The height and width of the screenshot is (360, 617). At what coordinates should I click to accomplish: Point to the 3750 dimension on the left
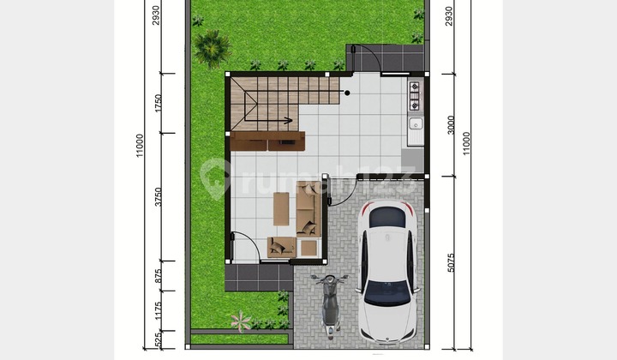[x=158, y=199]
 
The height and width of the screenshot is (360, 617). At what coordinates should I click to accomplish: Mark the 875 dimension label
[x=158, y=276]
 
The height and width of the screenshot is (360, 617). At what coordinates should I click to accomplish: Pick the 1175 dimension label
[x=158, y=309]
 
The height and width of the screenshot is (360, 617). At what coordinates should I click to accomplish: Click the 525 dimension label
[x=158, y=340]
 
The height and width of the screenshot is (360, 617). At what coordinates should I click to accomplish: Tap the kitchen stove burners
[x=415, y=96]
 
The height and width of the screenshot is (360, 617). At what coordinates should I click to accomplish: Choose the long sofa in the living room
[x=308, y=210]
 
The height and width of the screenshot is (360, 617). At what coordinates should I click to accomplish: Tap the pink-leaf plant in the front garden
[x=241, y=321]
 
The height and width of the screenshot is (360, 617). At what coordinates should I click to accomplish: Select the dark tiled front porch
[x=257, y=276]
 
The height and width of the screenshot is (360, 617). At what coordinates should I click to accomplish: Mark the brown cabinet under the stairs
[x=267, y=141]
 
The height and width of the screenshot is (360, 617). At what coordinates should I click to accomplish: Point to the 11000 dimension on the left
[x=139, y=144]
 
